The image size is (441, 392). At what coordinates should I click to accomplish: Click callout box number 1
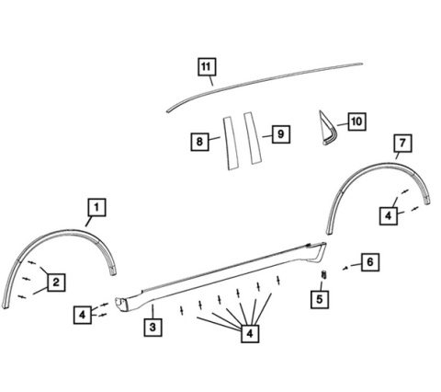[96, 207]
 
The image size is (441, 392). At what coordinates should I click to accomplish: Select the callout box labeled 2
[56, 282]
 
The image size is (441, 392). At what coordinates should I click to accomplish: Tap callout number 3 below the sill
[153, 327]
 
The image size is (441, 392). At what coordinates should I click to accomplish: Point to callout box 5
[320, 299]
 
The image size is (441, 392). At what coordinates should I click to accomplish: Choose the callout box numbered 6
[370, 262]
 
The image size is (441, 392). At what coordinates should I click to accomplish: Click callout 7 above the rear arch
[402, 143]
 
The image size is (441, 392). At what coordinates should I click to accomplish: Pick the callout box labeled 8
[199, 142]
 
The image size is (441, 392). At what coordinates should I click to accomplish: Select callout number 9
[281, 134]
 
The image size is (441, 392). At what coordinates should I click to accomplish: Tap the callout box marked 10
[356, 121]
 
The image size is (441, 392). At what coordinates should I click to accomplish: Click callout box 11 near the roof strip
[207, 66]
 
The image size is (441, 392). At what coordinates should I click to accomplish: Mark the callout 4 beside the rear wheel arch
[389, 216]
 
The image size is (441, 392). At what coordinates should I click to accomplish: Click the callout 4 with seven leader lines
[250, 333]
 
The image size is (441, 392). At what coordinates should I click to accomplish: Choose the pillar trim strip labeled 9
[253, 138]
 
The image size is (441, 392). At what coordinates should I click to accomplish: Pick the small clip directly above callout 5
[322, 275]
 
